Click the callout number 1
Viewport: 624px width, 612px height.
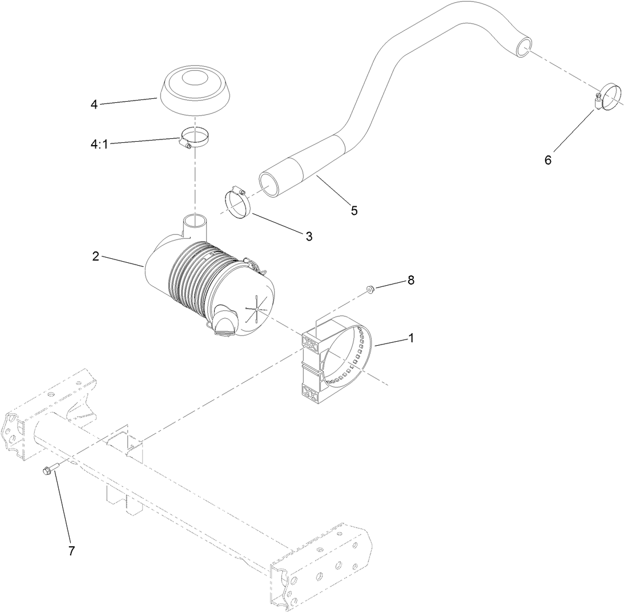(x=410, y=338)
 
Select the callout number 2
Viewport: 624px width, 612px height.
(x=96, y=257)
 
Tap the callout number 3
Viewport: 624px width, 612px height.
(x=308, y=236)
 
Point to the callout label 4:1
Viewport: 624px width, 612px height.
(x=99, y=144)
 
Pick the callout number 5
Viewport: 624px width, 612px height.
(x=354, y=210)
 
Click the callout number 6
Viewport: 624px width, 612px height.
(x=547, y=160)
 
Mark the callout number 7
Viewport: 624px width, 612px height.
(x=71, y=550)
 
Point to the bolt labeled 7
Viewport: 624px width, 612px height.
(x=48, y=470)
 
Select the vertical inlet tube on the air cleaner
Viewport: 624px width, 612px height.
(x=193, y=226)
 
